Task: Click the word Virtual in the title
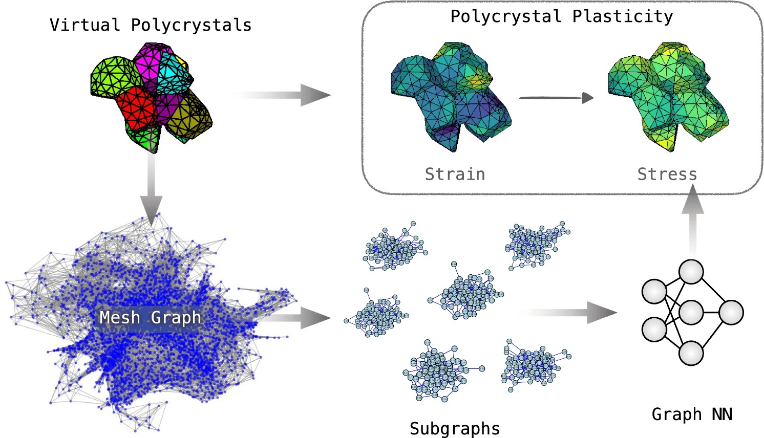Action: click(85, 25)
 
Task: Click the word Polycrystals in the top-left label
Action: click(191, 25)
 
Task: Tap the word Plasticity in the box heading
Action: click(622, 16)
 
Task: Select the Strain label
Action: click(455, 174)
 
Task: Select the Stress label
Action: click(667, 174)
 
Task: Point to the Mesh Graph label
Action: click(150, 318)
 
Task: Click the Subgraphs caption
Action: click(455, 428)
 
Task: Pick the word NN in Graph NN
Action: click(721, 414)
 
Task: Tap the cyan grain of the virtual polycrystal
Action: click(174, 74)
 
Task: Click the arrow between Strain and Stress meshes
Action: click(556, 97)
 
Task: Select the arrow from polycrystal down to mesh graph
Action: click(152, 189)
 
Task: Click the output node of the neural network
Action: click(731, 313)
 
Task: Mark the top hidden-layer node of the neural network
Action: click(691, 272)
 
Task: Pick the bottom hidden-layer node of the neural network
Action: click(691, 353)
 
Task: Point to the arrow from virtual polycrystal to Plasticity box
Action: click(282, 95)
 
